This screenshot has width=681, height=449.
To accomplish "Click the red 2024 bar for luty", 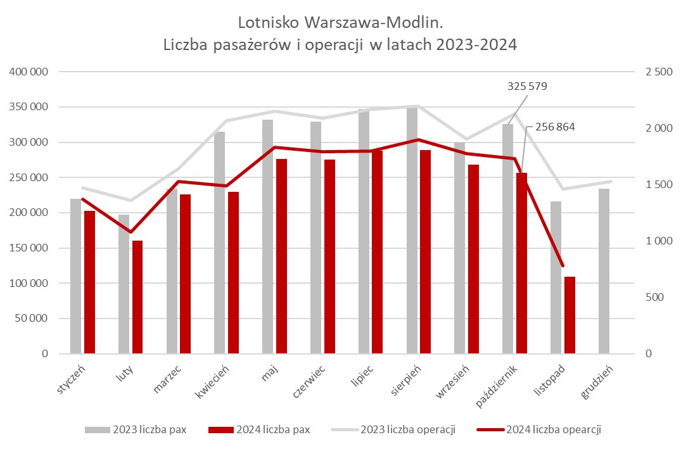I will click(137, 297).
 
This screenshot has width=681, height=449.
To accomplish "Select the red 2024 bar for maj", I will click(281, 256).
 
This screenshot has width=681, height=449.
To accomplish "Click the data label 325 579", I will click(527, 85).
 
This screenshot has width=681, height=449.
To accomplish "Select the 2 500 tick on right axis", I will click(658, 72).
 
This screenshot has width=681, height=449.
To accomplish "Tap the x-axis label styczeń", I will click(71, 379).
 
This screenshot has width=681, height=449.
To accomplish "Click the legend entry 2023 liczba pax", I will click(141, 430).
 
